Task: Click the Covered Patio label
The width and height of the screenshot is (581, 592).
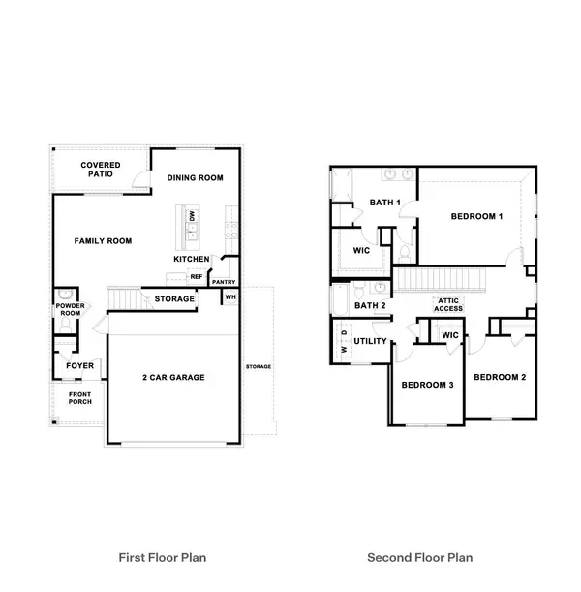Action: (x=101, y=170)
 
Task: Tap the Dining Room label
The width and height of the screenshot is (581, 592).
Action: (x=195, y=178)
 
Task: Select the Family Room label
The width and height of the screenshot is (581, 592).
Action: (x=103, y=241)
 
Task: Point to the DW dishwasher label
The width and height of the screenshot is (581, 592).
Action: (x=192, y=216)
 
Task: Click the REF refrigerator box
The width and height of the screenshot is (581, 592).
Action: (x=197, y=277)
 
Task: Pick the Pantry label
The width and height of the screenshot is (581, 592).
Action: (x=224, y=282)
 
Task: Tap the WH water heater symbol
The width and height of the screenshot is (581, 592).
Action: (x=230, y=297)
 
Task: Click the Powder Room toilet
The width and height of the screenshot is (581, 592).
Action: (x=66, y=325)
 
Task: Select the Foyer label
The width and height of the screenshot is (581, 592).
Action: (x=80, y=365)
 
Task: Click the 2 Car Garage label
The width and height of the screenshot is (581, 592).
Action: (x=173, y=377)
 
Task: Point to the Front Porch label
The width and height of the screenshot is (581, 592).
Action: (x=80, y=398)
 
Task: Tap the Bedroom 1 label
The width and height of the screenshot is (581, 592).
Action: (x=476, y=216)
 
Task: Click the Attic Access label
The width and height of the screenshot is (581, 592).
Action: (x=448, y=304)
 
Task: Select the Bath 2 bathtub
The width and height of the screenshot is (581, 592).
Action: (x=341, y=300)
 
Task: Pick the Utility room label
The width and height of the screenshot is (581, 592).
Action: (x=370, y=341)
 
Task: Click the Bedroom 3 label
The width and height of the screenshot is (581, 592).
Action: (x=427, y=385)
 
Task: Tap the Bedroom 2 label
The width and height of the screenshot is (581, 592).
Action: (x=500, y=377)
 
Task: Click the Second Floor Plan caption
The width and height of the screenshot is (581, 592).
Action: (x=420, y=558)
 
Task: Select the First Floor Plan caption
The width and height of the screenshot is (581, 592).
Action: (x=163, y=558)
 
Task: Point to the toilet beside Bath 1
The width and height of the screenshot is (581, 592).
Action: (x=405, y=253)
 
